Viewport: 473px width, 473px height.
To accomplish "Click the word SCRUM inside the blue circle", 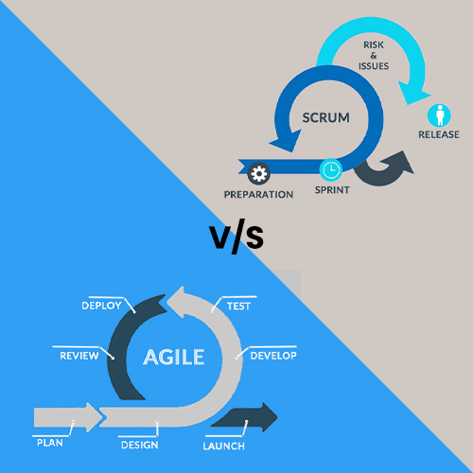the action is click(326, 117).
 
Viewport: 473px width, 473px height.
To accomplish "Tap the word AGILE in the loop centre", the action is click(174, 357).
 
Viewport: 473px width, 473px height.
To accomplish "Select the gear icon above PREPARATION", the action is click(259, 173).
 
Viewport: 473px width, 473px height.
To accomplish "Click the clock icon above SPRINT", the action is click(331, 169).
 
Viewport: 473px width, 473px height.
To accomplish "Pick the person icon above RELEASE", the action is click(439, 115).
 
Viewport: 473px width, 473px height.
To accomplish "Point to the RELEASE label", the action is click(439, 134).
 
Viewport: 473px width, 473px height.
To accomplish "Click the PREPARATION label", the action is click(258, 195).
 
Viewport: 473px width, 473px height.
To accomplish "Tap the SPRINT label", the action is click(332, 190).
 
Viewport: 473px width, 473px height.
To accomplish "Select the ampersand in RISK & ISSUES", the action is click(374, 56).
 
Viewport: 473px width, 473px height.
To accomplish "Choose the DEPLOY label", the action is click(101, 306).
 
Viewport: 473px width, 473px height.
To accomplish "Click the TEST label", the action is click(238, 307).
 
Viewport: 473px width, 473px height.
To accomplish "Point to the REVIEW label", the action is click(79, 356).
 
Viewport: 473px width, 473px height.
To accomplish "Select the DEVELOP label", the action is click(273, 356).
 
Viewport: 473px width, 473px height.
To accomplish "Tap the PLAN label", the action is click(50, 443).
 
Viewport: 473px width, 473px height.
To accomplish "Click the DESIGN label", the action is click(140, 445).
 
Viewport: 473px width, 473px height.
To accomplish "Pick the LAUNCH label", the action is click(224, 446).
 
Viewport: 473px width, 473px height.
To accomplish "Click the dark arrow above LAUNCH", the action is click(246, 417).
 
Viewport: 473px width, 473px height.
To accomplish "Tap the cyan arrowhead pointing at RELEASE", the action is click(413, 93).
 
